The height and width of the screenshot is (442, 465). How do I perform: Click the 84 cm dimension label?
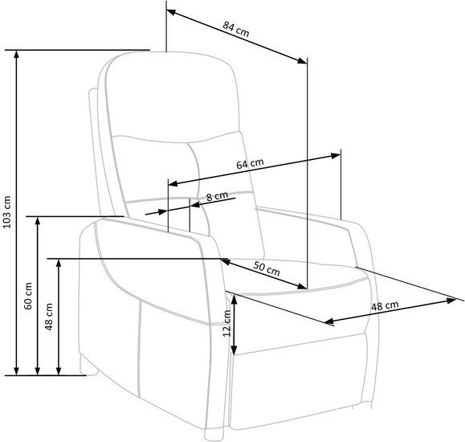point(236,30)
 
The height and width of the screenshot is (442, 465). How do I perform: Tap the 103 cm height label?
point(6,212)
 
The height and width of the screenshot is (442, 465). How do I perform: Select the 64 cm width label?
point(250,163)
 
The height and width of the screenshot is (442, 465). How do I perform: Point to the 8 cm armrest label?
point(217,196)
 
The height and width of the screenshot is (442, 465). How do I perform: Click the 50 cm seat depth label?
point(267,269)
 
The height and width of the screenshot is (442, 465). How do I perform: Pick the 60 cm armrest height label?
point(28,296)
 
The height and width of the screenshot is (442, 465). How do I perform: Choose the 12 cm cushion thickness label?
point(226,323)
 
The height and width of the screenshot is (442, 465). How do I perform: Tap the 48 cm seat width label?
point(385,305)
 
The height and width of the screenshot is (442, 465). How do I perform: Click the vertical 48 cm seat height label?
point(49,317)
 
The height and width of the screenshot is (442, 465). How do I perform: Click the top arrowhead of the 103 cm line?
point(17,54)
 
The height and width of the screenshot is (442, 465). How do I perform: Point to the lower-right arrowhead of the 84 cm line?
point(303,60)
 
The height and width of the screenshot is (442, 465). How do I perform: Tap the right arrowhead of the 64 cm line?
point(336,156)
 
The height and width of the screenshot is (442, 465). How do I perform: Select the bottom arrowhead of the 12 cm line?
point(235,350)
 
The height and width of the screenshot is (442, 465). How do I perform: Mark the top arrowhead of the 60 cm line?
point(38,221)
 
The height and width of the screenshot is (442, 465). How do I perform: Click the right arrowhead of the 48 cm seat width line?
point(451,301)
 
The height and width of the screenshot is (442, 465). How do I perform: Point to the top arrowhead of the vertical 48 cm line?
point(59,264)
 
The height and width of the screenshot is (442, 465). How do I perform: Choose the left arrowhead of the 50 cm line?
point(226,261)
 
